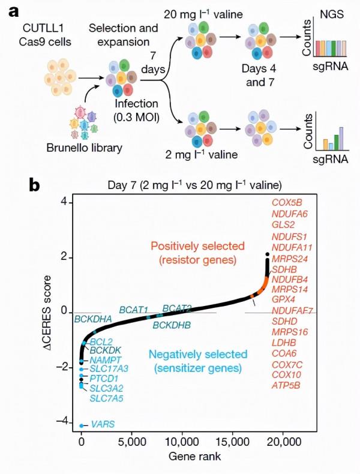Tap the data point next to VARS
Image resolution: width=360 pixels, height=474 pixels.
pos(82,425)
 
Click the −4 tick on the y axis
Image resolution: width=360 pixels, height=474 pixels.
pos(62,422)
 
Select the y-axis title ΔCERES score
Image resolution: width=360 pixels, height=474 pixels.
pos(45,313)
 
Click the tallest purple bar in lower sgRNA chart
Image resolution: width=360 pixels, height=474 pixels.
pos(342,136)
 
